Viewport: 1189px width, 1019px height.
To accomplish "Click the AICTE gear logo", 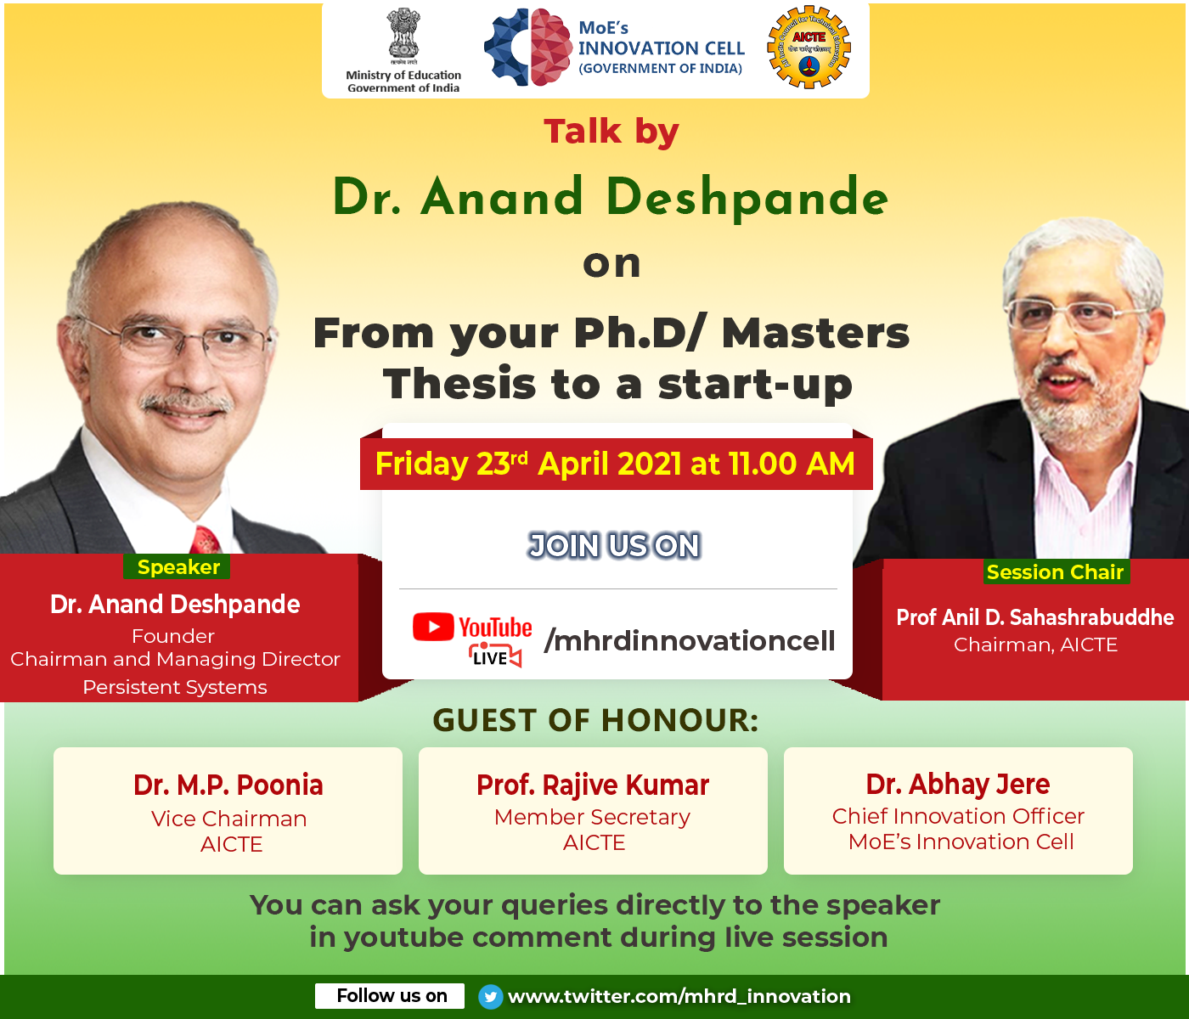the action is click(809, 48).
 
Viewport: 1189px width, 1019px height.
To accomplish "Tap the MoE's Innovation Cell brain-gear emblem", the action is click(528, 48).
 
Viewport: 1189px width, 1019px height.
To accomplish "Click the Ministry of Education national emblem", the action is click(403, 36).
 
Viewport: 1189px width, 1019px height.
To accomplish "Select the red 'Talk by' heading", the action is click(611, 132).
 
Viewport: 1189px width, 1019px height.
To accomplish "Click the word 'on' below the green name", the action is click(611, 265).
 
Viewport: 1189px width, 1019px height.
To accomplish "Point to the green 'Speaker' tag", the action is click(178, 567).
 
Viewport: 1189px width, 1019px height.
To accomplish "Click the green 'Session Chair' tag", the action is click(1056, 572).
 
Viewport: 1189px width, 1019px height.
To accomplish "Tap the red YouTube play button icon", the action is click(433, 626).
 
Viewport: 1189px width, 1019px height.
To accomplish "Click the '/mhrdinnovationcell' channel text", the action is click(689, 640).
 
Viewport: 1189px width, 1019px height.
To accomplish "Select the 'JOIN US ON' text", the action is click(614, 546).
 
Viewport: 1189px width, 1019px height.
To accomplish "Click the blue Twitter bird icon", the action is click(491, 997).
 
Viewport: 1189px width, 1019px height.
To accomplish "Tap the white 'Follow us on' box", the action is click(390, 996).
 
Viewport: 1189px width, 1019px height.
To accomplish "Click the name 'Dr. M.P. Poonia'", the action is click(228, 785).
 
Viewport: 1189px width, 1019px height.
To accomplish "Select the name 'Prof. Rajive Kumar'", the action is click(593, 785).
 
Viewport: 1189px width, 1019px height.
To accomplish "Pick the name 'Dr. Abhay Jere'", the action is click(958, 785).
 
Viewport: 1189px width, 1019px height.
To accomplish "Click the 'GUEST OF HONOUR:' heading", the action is click(596, 720).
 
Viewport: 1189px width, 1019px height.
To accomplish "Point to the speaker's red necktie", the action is click(206, 541).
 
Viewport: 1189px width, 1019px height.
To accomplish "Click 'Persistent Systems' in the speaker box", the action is click(175, 687).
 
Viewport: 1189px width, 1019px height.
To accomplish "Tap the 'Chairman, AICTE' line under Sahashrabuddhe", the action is click(1035, 645).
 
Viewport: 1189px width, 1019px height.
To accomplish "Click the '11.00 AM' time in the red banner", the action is click(792, 464).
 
